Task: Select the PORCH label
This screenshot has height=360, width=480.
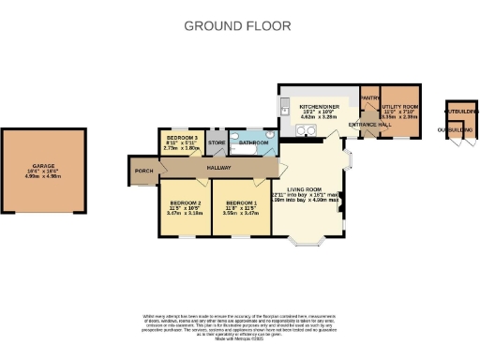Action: pyautogui.click(x=143, y=171)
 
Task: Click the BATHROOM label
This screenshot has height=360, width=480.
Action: pyautogui.click(x=253, y=143)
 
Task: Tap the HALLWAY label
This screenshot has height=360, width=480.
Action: pyautogui.click(x=219, y=167)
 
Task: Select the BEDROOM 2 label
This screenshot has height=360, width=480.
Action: pyautogui.click(x=186, y=202)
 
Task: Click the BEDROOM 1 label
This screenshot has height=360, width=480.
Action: pyautogui.click(x=241, y=202)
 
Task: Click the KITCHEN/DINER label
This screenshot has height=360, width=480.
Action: pyautogui.click(x=317, y=107)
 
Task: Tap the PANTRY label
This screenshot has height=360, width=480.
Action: pyautogui.click(x=369, y=97)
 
